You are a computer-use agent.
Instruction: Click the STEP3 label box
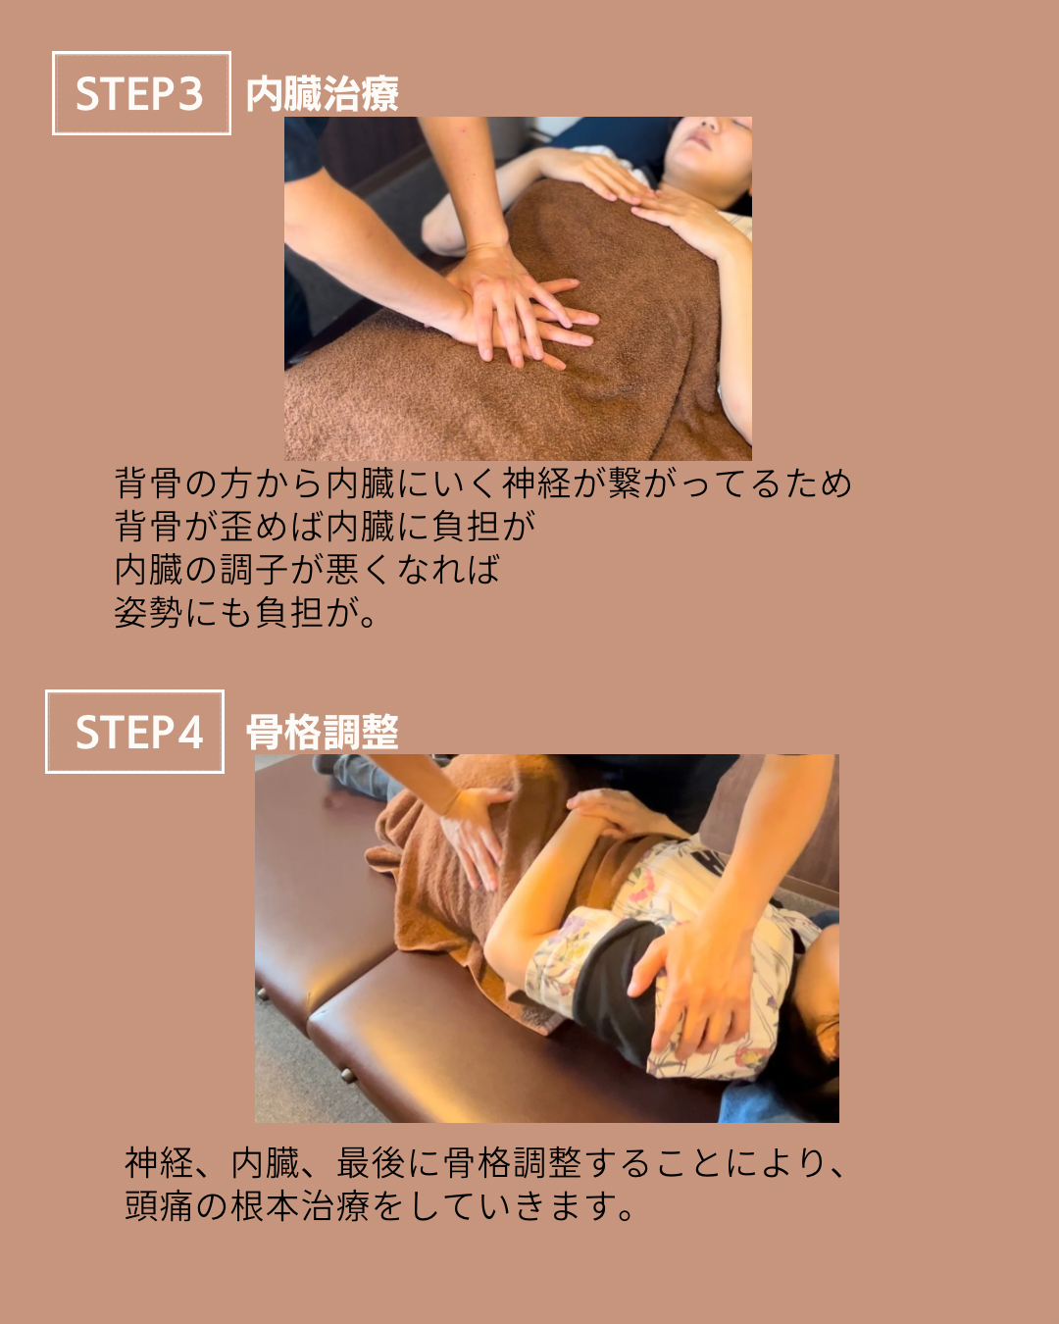[141, 93]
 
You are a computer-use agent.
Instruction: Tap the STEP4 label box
[134, 732]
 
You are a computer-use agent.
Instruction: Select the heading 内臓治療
[323, 94]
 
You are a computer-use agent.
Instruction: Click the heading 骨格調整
[323, 733]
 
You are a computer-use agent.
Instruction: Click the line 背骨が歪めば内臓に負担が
[325, 526]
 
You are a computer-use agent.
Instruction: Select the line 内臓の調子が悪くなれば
[307, 570]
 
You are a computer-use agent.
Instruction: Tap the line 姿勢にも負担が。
[245, 613]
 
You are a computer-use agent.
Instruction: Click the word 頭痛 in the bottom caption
[160, 1206]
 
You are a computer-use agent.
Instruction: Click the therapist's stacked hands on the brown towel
[523, 311]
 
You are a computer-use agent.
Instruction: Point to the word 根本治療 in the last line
[300, 1206]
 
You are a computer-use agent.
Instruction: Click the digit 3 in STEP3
[190, 94]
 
